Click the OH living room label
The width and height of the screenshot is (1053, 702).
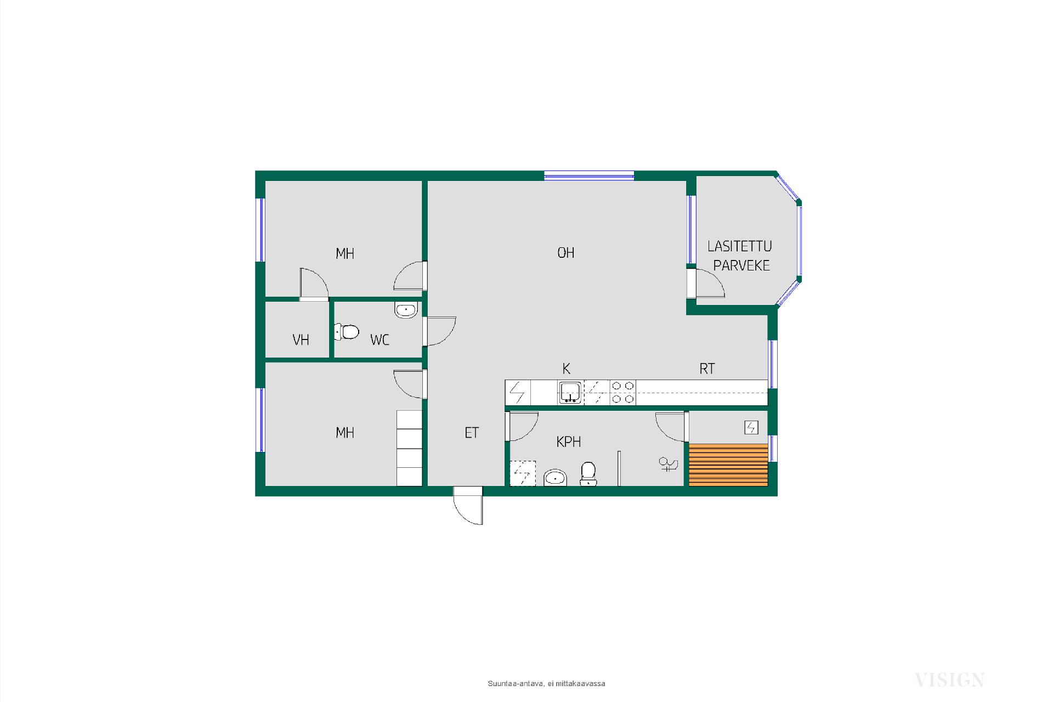click(x=565, y=253)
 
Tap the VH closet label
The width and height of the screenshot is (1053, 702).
click(x=301, y=340)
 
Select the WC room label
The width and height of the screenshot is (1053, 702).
click(x=380, y=340)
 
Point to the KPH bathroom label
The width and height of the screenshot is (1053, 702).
click(x=568, y=441)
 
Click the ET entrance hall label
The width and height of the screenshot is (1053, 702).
click(x=472, y=433)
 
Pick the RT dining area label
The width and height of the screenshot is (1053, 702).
click(x=707, y=369)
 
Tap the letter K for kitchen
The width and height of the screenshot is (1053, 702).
click(x=567, y=369)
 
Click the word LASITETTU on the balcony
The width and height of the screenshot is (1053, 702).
click(x=739, y=246)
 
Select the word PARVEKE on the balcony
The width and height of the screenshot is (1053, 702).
click(x=741, y=265)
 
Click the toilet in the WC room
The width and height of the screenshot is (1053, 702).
click(x=347, y=332)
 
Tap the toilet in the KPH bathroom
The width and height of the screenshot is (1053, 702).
click(x=588, y=474)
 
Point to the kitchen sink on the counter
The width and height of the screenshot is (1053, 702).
click(x=570, y=393)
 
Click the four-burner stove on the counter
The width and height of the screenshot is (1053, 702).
click(x=623, y=393)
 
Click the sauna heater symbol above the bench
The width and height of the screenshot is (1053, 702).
click(x=751, y=427)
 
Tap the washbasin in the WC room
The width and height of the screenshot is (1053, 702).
click(x=406, y=310)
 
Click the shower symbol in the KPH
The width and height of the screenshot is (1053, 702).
click(x=668, y=465)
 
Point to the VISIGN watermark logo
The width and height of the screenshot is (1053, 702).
click(x=949, y=680)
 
